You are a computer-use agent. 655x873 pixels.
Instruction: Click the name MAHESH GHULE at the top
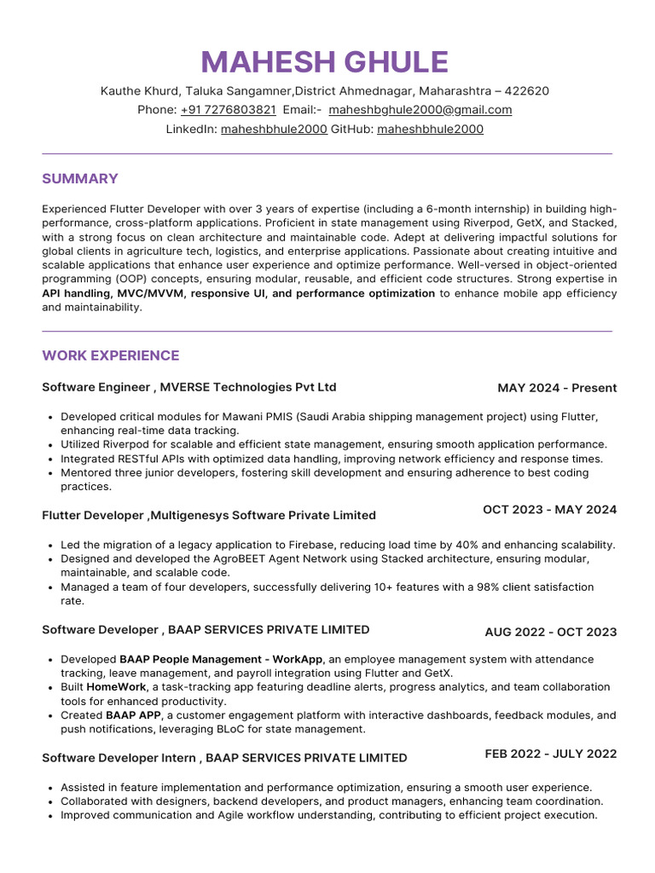(x=324, y=62)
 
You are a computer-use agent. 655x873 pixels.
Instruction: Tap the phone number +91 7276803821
(x=228, y=110)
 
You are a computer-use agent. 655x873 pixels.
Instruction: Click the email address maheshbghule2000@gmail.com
(x=420, y=110)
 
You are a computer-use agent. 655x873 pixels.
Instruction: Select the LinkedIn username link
(x=273, y=130)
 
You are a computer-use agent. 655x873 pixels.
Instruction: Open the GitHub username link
(x=430, y=130)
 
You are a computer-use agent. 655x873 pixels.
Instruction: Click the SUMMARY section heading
(x=80, y=179)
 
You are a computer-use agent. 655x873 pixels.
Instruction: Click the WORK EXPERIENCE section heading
(x=111, y=356)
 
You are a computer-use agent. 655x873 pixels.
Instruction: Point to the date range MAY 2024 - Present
(x=557, y=388)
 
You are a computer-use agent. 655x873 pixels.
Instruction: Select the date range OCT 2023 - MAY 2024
(x=549, y=510)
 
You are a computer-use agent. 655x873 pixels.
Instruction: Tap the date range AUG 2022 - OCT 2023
(x=550, y=632)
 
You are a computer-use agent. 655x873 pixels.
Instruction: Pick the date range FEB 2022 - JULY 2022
(x=550, y=754)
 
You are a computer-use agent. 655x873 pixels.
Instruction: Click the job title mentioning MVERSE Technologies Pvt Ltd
(x=189, y=387)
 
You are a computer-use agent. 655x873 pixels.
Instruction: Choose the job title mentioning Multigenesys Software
(x=209, y=515)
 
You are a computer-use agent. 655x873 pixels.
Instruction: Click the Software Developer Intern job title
(x=224, y=758)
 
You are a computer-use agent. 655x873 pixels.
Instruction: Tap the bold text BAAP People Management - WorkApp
(x=221, y=660)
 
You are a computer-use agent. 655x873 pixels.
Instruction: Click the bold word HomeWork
(x=115, y=687)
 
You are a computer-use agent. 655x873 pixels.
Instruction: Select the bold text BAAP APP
(x=133, y=715)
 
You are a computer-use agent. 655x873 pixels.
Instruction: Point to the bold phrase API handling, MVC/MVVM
(x=114, y=293)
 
